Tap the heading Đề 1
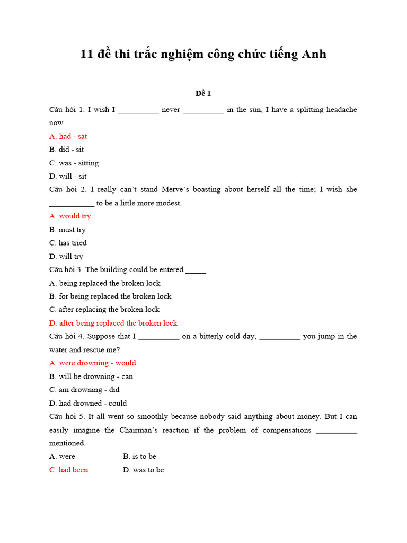pyautogui.click(x=203, y=93)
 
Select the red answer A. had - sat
pyautogui.click(x=68, y=136)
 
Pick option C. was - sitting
pyautogui.click(x=74, y=163)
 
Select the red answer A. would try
pyautogui.click(x=70, y=216)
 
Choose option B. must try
pyautogui.click(x=67, y=230)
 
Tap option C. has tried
pyautogui.click(x=68, y=243)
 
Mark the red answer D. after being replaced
pyautogui.click(x=113, y=323)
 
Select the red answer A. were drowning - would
pyautogui.click(x=93, y=363)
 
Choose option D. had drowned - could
pyautogui.click(x=88, y=403)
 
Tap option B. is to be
pyautogui.click(x=139, y=456)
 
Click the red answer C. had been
pyautogui.click(x=69, y=470)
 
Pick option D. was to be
pyautogui.click(x=143, y=470)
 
